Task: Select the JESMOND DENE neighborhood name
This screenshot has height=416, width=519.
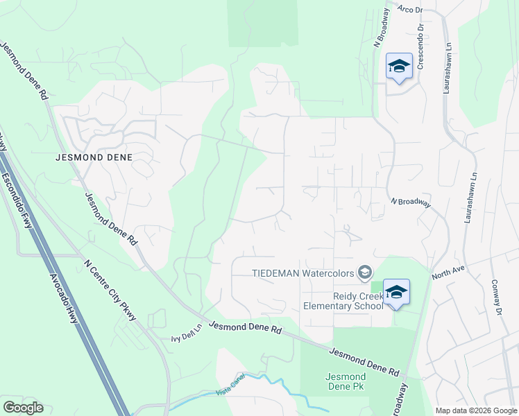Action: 93,157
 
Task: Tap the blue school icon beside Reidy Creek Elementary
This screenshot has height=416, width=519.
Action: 396,292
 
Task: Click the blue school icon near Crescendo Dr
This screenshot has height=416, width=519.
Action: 399,66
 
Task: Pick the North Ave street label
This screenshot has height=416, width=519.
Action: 448,271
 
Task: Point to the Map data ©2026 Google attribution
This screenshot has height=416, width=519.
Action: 476,410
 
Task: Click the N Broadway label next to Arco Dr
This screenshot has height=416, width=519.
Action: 380,30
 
